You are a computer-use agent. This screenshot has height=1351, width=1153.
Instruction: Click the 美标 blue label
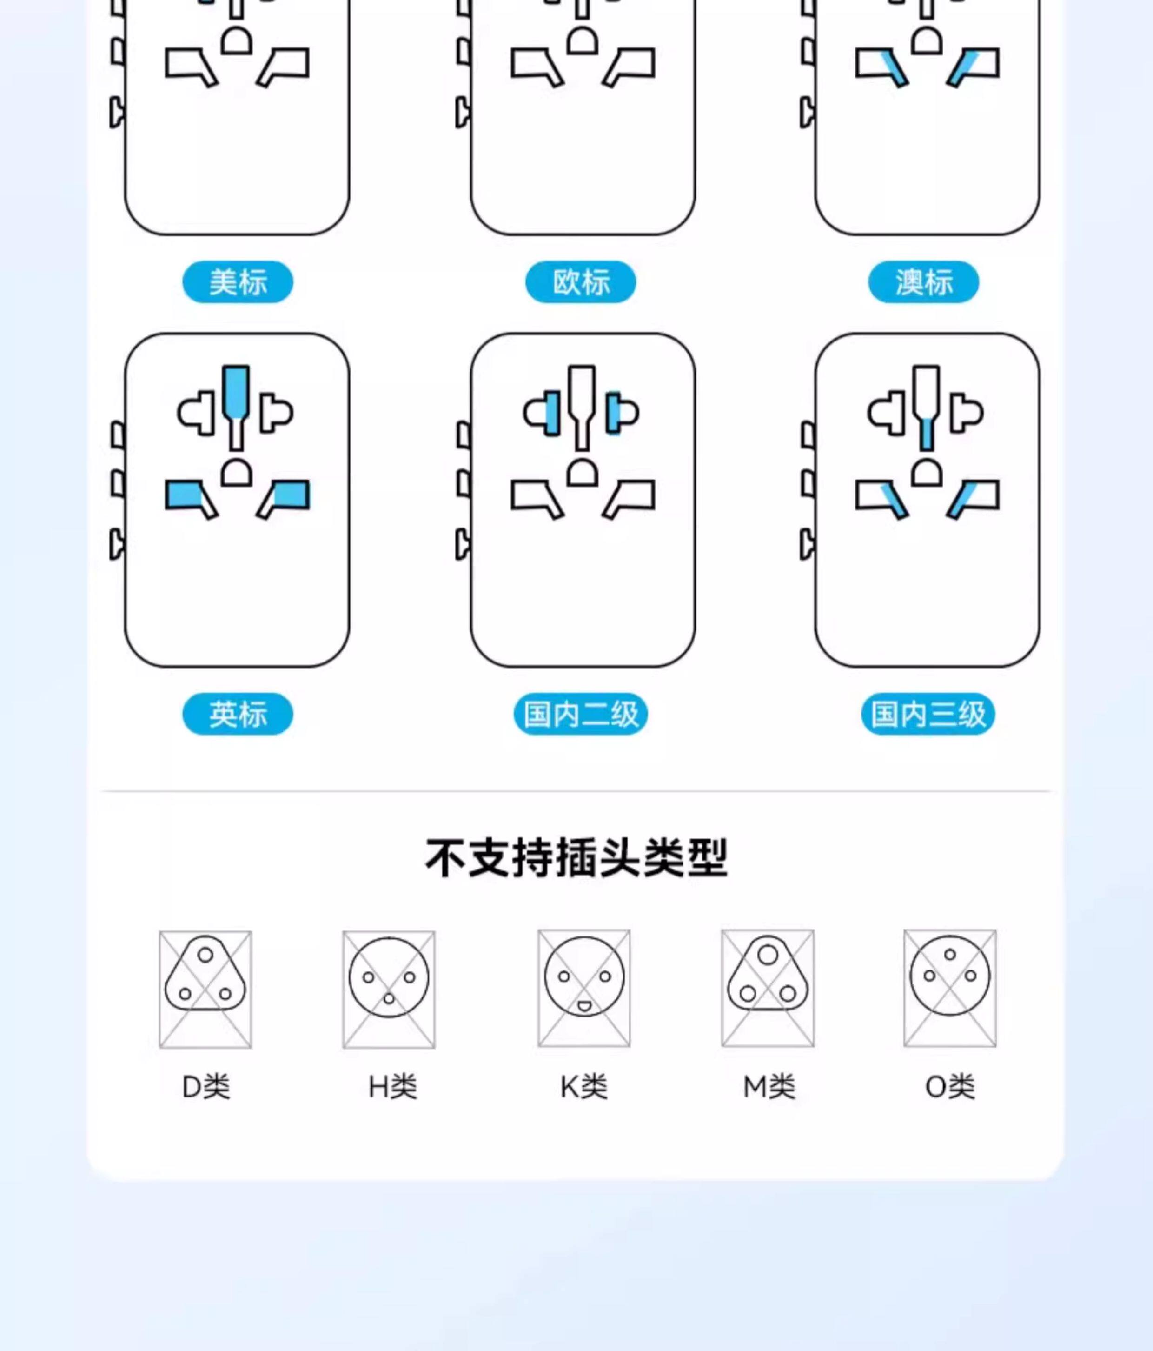pyautogui.click(x=237, y=281)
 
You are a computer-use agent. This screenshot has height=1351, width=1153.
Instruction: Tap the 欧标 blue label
pyautogui.click(x=581, y=281)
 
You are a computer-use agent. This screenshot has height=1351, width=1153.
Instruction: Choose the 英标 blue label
pyautogui.click(x=237, y=714)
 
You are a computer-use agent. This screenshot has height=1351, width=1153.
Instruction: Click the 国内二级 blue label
pyautogui.click(x=581, y=714)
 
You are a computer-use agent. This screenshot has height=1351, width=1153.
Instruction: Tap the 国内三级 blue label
pyautogui.click(x=928, y=714)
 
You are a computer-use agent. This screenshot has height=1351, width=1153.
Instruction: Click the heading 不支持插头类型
pyautogui.click(x=576, y=858)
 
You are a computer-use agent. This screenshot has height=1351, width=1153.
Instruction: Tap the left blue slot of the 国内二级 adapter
pyautogui.click(x=551, y=413)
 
